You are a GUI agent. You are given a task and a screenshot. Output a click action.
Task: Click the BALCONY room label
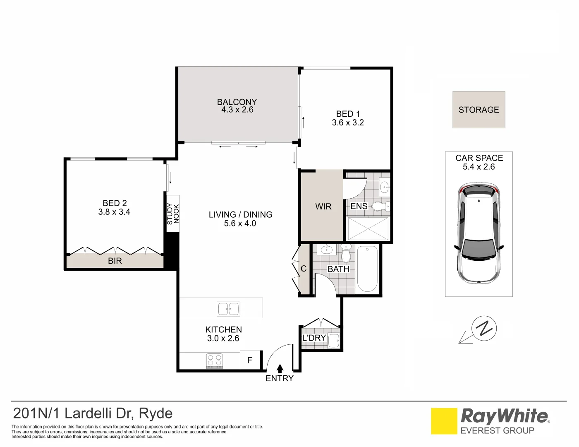tap(237, 102)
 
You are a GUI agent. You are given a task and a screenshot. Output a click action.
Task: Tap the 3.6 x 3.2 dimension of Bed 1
tap(348, 123)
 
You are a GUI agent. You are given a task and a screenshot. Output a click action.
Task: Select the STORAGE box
tap(479, 110)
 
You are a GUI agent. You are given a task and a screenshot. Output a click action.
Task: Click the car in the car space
tap(479, 233)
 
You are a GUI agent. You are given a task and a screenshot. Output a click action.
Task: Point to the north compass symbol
tap(484, 328)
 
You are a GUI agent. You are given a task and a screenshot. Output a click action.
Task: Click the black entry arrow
tap(280, 369)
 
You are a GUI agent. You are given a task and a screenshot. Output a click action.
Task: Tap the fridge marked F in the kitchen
tap(250, 360)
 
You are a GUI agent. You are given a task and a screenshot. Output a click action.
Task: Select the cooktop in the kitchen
tap(215, 360)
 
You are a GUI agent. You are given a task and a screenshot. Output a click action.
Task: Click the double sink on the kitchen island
tap(228, 309)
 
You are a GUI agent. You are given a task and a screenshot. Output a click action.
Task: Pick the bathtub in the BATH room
tap(367, 269)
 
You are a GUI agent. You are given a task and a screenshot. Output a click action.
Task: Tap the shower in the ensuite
tap(368, 229)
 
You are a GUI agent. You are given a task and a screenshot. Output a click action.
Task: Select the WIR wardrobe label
tap(323, 206)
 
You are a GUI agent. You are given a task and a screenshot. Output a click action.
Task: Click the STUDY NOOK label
tap(173, 214)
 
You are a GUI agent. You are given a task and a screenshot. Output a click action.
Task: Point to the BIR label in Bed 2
tap(115, 261)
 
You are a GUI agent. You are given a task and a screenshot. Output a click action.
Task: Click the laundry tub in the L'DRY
tap(334, 340)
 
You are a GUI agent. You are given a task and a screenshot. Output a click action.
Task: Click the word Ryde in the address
tap(156, 414)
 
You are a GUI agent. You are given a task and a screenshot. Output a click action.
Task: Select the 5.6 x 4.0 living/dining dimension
tap(240, 223)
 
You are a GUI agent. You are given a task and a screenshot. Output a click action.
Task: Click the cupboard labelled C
tap(304, 269)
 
